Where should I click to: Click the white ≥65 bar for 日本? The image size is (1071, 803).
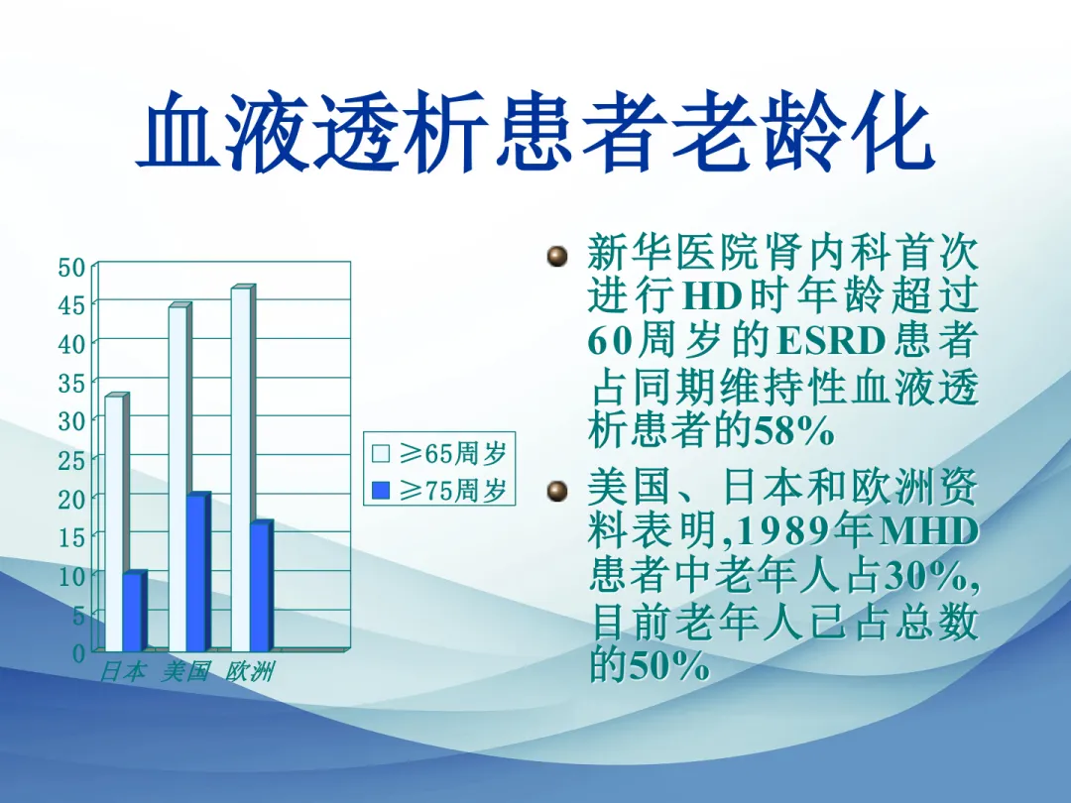(x=115, y=523)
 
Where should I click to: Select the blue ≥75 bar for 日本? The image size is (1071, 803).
(x=134, y=612)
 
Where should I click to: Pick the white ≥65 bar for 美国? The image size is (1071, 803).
(x=178, y=477)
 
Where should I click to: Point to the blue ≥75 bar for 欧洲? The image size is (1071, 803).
(x=262, y=587)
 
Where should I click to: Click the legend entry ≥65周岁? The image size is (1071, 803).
(x=439, y=453)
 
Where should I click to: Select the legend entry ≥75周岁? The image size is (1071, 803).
(x=439, y=490)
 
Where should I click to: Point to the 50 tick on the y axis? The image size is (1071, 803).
(x=71, y=268)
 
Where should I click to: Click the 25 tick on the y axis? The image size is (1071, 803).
(x=71, y=460)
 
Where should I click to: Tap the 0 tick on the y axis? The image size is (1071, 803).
(x=78, y=653)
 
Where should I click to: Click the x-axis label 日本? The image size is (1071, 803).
(x=123, y=671)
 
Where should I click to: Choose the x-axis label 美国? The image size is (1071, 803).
(x=185, y=671)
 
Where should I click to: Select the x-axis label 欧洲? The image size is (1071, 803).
(x=250, y=671)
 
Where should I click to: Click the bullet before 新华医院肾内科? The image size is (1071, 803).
(x=557, y=256)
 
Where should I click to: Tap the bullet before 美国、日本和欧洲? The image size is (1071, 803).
(x=557, y=491)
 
